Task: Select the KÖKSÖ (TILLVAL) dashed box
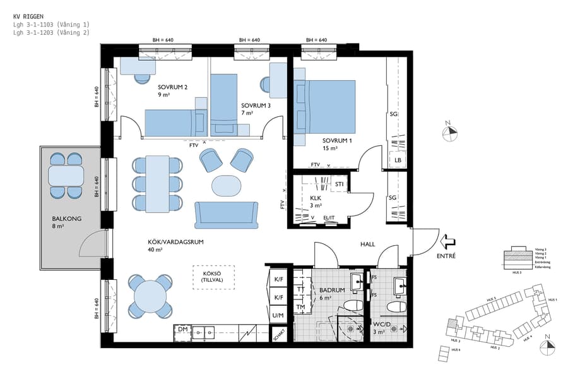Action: pos(213,277)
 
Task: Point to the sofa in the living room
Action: pos(227,215)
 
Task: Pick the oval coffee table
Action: pos(226,186)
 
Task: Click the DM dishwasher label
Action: pos(182,330)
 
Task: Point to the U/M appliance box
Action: pos(278,315)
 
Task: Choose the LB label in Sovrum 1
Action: pos(398,160)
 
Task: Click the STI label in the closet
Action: pos(340,184)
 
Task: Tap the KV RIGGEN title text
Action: pos(28,15)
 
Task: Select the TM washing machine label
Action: pos(301,308)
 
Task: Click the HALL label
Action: pos(367,244)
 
